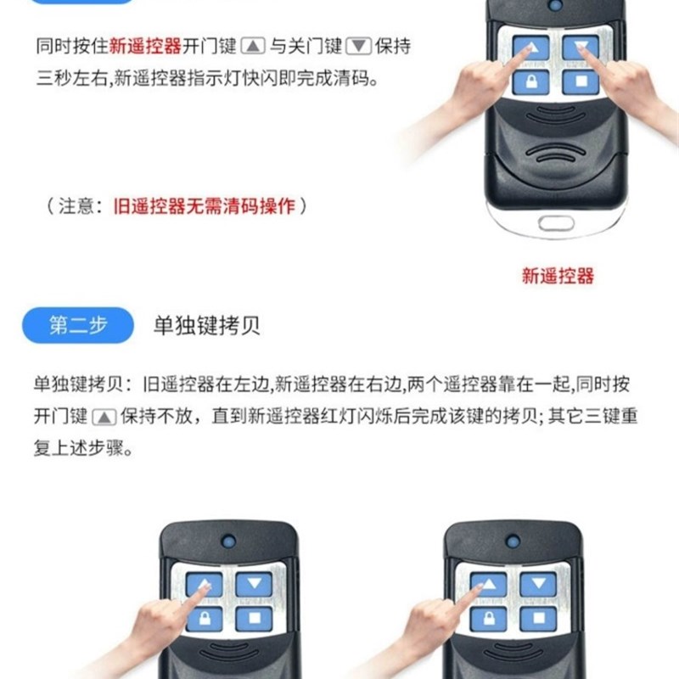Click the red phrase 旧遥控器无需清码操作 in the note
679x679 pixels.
(205, 206)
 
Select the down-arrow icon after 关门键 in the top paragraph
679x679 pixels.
(360, 48)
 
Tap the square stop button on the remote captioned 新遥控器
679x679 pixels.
(581, 83)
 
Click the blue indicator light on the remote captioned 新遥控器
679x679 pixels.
(554, 8)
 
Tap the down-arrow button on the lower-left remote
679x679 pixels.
(254, 583)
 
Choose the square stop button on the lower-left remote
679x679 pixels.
(253, 619)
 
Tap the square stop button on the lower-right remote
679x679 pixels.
(538, 619)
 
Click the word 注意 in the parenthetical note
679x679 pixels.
(80, 206)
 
